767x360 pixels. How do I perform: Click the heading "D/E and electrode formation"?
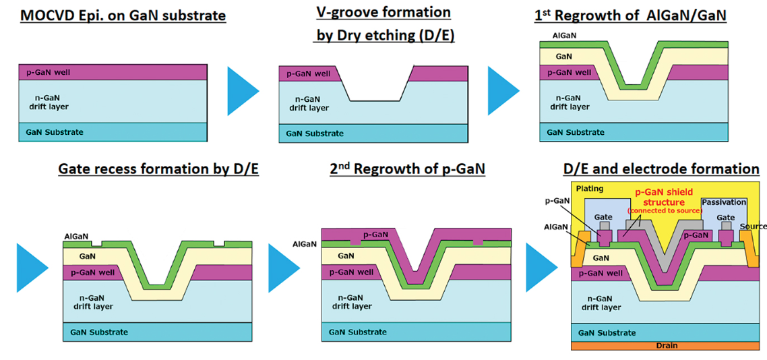tap(661, 169)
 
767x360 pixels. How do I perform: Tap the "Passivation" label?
tap(724, 202)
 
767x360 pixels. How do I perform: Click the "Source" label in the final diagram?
tap(753, 227)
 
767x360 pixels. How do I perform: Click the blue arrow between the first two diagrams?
tap(242, 90)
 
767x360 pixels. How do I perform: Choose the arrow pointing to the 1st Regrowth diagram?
tap(503, 90)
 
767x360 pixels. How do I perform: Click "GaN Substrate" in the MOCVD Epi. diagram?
tap(55, 132)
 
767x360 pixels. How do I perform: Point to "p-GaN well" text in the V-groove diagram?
tap(308, 74)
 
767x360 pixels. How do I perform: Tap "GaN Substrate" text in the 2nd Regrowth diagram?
tap(358, 332)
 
